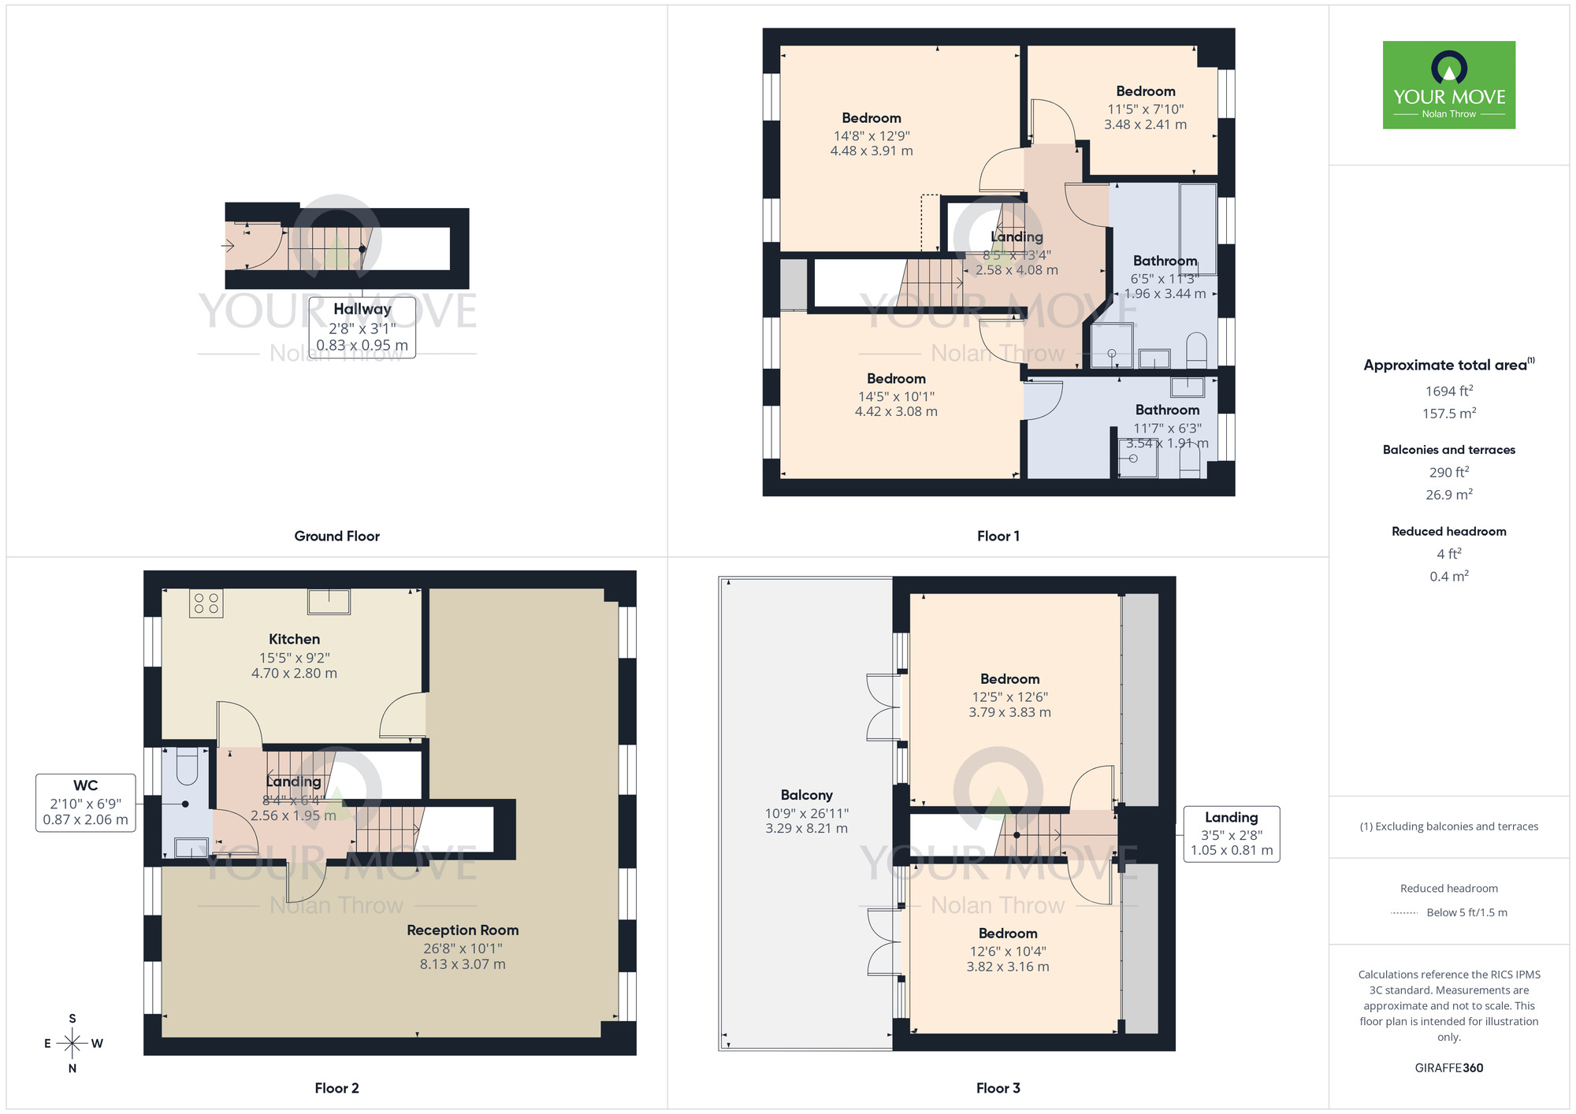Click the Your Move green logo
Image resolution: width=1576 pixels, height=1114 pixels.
(x=1448, y=85)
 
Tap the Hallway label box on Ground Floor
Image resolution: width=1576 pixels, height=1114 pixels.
(x=362, y=327)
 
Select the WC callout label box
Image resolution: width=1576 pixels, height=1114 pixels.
(x=85, y=803)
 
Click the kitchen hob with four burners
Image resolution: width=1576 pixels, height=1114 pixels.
(x=206, y=604)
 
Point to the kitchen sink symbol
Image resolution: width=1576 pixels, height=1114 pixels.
(x=329, y=601)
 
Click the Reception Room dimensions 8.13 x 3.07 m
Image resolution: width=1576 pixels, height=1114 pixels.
(x=463, y=964)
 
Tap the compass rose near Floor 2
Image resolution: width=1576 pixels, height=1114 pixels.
(x=72, y=1044)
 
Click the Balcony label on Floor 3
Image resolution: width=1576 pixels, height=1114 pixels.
(x=806, y=795)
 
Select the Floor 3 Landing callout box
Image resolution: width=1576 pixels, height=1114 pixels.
(x=1231, y=834)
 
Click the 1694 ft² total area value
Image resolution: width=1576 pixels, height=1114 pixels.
(x=1448, y=391)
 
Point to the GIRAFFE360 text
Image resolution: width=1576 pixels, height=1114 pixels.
(x=1448, y=1068)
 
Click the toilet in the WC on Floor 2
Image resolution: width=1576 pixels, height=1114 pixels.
(x=187, y=767)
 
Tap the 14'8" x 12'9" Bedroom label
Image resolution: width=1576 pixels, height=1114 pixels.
(x=872, y=135)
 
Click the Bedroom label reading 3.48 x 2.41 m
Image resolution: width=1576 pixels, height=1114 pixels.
(x=1145, y=108)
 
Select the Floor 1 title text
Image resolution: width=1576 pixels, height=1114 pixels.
(x=998, y=536)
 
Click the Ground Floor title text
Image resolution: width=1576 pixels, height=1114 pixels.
(x=336, y=536)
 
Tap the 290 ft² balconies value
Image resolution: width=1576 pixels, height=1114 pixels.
(x=1448, y=472)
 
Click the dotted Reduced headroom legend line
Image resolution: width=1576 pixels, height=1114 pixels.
(x=1404, y=913)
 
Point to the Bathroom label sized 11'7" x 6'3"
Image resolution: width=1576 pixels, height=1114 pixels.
(x=1167, y=426)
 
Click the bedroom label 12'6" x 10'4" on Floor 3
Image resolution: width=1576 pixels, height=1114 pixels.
(x=1008, y=950)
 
